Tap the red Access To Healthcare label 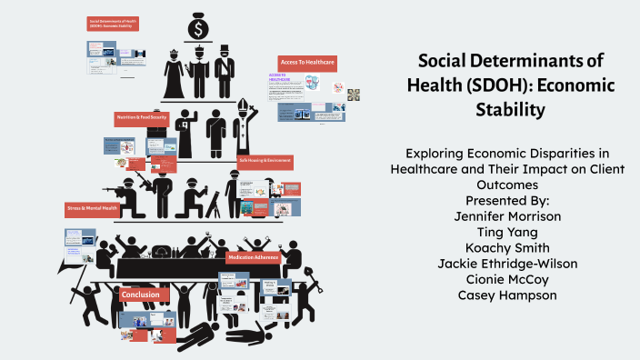(x=307, y=62)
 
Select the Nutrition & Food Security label (x=141, y=118)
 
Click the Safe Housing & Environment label (x=265, y=160)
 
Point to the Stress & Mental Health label (x=91, y=208)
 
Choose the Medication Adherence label (x=254, y=257)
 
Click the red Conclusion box (x=141, y=295)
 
